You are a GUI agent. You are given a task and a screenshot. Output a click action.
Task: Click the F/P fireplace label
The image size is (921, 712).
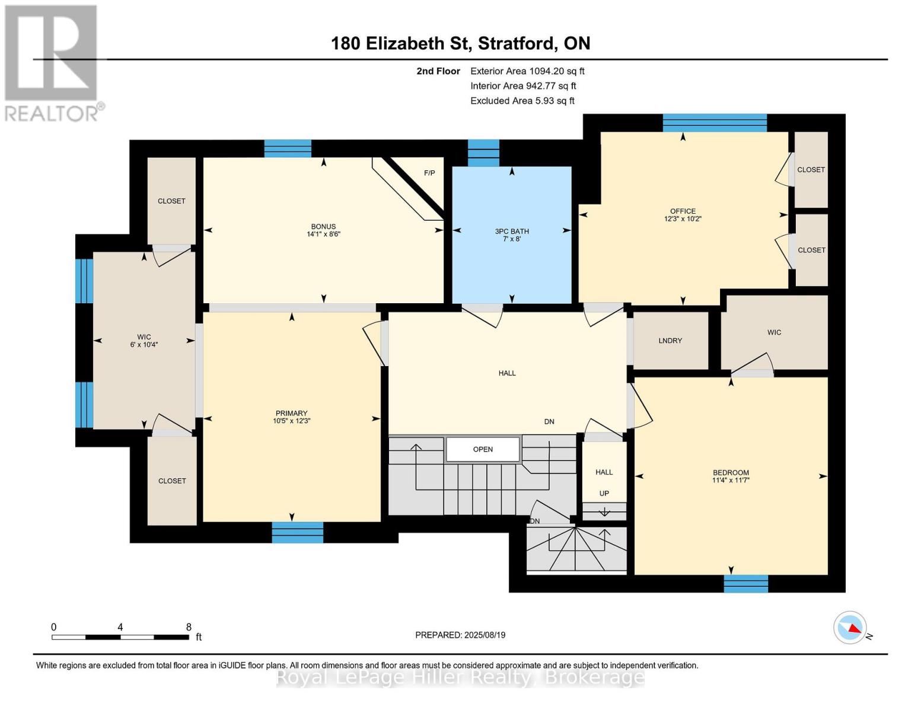(x=429, y=173)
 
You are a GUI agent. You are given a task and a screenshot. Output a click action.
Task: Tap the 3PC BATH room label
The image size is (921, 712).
(x=512, y=231)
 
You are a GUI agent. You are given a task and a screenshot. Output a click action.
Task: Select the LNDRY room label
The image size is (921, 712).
(x=670, y=341)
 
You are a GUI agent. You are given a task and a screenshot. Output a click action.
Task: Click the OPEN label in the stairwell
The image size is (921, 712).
(x=483, y=450)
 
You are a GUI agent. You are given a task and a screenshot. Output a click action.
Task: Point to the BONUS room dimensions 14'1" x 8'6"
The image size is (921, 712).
(x=324, y=234)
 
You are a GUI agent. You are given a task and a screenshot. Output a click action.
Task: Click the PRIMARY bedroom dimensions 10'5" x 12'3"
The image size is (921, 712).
(x=292, y=421)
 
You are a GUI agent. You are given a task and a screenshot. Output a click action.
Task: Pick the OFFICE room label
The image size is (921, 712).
(x=683, y=211)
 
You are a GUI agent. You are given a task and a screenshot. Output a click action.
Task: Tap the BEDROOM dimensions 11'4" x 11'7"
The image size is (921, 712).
(x=731, y=481)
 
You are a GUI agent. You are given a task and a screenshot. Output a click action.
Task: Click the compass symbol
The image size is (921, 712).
(x=850, y=628)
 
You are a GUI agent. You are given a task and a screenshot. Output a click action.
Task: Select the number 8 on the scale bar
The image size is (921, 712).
(x=189, y=627)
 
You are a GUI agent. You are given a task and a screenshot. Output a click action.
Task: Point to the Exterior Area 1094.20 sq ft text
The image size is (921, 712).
(x=527, y=71)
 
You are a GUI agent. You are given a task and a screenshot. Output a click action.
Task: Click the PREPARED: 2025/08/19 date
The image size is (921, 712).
(x=460, y=635)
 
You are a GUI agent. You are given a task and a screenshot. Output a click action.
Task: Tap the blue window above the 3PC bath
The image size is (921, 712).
(x=483, y=153)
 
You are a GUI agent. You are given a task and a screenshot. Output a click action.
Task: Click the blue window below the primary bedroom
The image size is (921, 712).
(x=298, y=532)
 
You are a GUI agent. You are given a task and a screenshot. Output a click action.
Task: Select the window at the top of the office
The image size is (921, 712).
(x=715, y=123)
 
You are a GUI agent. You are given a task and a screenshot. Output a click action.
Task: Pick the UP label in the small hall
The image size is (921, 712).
(x=604, y=493)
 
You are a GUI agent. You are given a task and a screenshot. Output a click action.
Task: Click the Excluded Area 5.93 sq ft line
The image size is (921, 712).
(x=522, y=101)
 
